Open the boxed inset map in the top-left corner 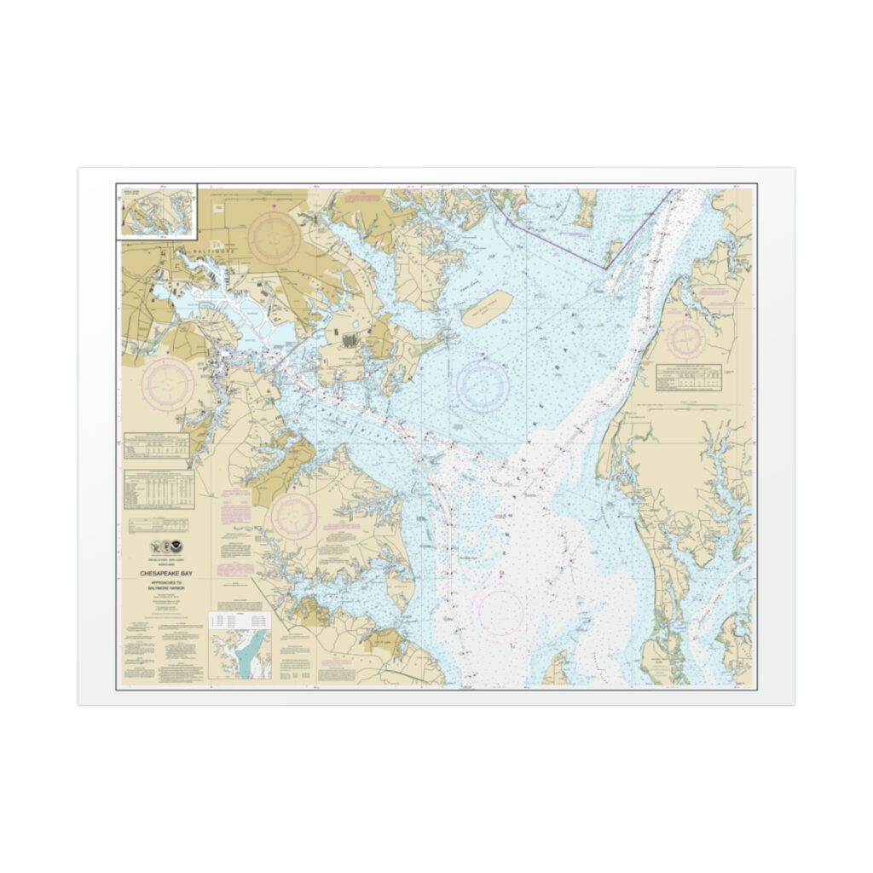click(157, 212)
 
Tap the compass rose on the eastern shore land click(686, 339)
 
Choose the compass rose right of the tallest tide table click(294, 516)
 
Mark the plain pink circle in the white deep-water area click(500, 613)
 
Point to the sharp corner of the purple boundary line click(606, 269)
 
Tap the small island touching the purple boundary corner click(613, 251)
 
